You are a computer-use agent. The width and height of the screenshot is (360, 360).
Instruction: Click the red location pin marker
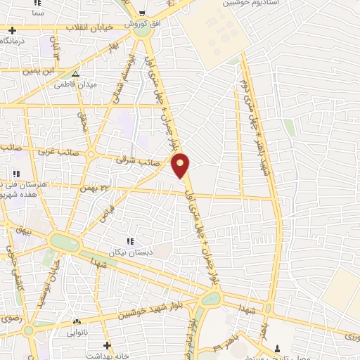pos(181,165)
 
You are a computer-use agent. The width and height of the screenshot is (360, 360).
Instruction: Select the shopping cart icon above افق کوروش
pos(143,14)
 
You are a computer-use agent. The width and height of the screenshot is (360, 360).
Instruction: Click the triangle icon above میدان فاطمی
pos(75,73)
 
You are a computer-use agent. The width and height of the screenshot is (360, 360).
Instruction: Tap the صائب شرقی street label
pos(138,161)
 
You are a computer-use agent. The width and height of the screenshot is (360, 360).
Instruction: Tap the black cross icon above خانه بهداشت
pos(106,345)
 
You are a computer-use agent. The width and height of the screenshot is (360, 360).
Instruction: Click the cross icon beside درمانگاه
pos(13,30)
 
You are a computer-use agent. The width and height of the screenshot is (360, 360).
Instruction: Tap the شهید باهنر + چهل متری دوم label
pos(254,116)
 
